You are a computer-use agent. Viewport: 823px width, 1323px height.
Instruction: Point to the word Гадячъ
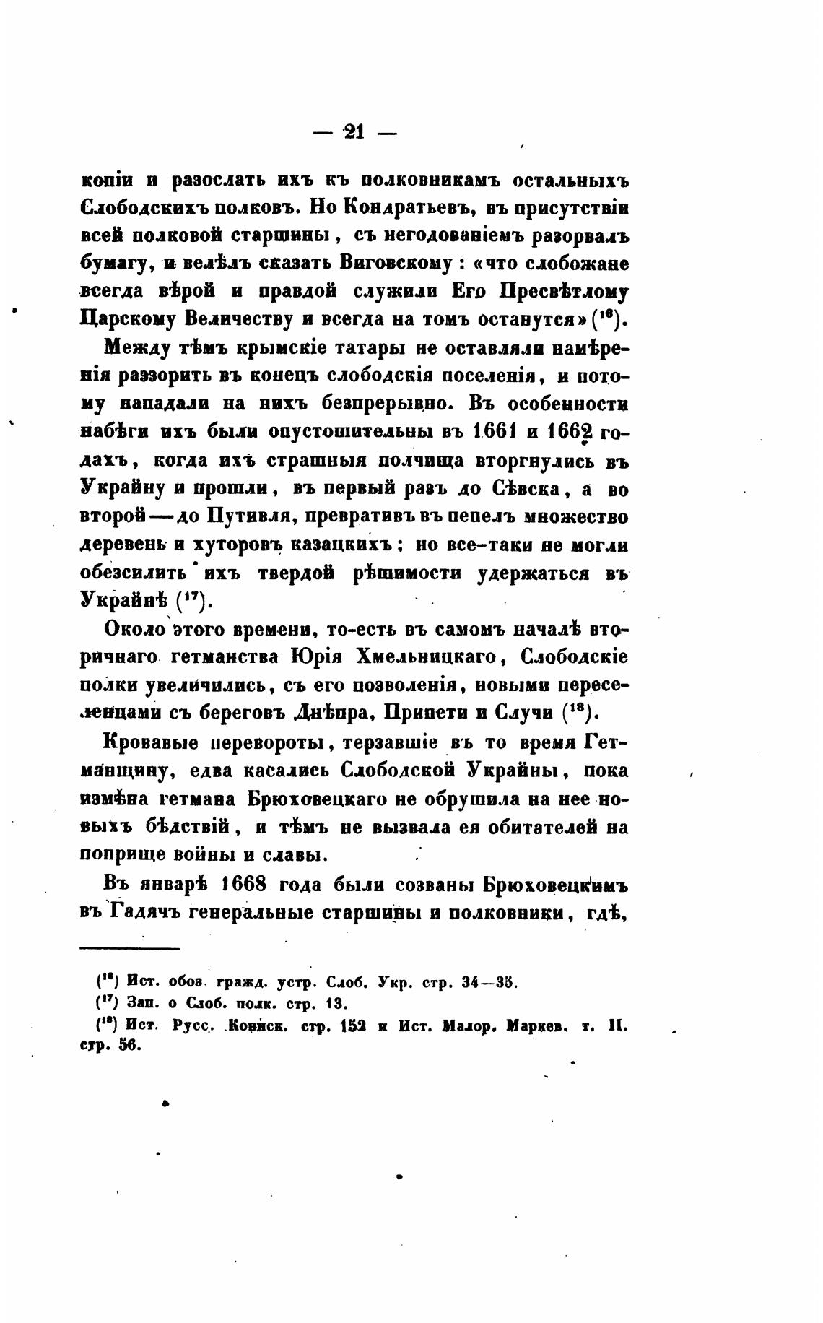147,913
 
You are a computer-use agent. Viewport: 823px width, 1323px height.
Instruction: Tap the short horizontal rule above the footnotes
129,948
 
